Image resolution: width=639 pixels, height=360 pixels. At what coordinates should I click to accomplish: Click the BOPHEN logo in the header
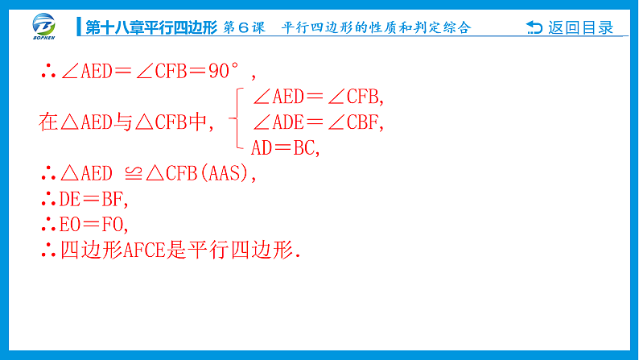pyautogui.click(x=47, y=26)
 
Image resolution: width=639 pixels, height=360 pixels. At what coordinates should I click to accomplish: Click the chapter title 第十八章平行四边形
pyautogui.click(x=152, y=27)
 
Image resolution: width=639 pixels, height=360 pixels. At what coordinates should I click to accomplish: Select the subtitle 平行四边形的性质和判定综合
pyautogui.click(x=376, y=27)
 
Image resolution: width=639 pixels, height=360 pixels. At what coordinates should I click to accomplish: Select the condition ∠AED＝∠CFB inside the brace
pyautogui.click(x=319, y=97)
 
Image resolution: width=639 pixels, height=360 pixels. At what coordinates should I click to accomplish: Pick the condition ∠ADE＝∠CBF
pyautogui.click(x=319, y=122)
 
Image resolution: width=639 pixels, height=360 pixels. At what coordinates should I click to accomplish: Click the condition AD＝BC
pyautogui.click(x=286, y=147)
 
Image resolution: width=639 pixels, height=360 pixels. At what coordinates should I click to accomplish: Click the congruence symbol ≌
pyautogui.click(x=130, y=173)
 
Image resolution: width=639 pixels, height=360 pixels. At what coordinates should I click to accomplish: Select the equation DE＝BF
pyautogui.click(x=94, y=198)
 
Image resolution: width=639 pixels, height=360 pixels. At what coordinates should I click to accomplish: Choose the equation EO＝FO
pyautogui.click(x=94, y=224)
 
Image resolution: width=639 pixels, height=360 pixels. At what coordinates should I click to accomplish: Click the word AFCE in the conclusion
pyautogui.click(x=145, y=250)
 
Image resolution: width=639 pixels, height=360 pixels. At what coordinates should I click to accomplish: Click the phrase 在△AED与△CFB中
pyautogui.click(x=124, y=122)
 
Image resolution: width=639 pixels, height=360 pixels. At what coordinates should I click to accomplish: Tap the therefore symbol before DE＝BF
pyautogui.click(x=47, y=198)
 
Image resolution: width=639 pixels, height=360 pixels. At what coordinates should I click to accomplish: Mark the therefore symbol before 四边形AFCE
pyautogui.click(x=47, y=250)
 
